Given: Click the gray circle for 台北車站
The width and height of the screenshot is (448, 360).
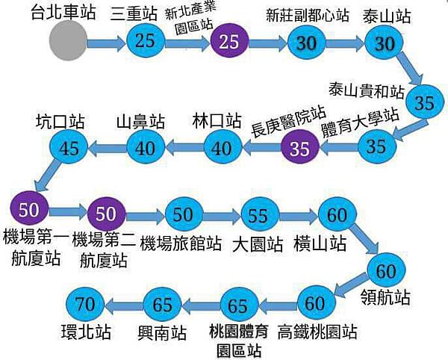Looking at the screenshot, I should [x=68, y=42].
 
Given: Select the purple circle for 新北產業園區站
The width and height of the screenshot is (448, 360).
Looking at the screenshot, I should [x=230, y=42].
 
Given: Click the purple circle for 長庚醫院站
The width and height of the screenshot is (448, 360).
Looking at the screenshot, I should [x=299, y=148].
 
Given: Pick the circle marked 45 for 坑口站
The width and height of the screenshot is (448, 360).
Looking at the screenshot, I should [x=69, y=148].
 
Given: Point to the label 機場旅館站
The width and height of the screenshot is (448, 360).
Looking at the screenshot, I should [x=181, y=243].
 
